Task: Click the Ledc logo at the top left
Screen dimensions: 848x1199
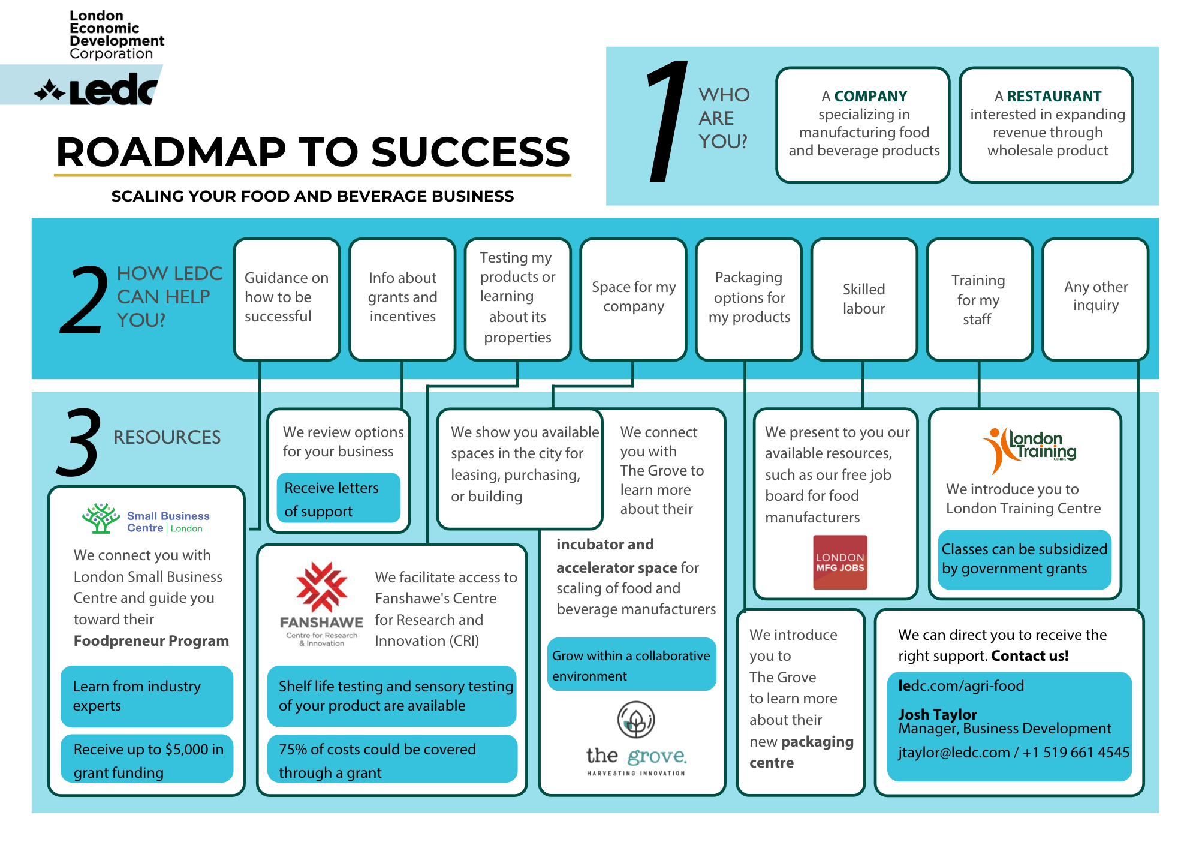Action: point(96,90)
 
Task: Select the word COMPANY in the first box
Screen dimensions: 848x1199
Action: point(870,96)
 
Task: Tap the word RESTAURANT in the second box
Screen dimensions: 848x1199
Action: point(1054,96)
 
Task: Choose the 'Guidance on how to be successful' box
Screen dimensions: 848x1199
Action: point(287,299)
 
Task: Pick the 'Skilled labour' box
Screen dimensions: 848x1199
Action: point(864,299)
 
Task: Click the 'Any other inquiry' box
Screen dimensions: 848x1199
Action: point(1095,299)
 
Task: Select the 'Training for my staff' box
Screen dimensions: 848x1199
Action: point(979,299)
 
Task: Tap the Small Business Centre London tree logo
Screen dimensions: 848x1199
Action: point(101,519)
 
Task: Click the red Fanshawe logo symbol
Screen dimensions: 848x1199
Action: point(322,587)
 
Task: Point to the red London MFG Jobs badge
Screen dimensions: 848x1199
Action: point(840,562)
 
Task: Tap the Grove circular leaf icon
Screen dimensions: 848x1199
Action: point(636,720)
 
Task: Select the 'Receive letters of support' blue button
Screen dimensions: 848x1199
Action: point(338,498)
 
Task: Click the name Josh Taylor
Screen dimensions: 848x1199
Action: point(938,714)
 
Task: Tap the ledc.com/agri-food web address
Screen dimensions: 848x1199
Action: point(961,685)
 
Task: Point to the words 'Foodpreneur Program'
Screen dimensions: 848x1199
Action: point(151,641)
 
